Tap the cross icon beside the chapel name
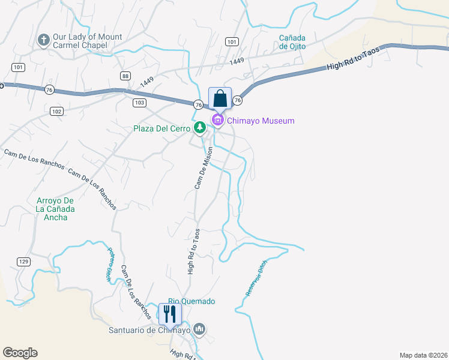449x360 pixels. point(43,40)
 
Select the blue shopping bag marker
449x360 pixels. point(220,99)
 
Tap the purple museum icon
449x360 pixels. point(217,121)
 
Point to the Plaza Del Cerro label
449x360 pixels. point(161,128)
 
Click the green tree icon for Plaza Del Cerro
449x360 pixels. point(199,127)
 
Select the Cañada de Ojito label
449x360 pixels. point(292,42)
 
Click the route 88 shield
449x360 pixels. point(125,75)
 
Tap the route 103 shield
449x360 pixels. point(139,103)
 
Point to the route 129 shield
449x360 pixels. point(23,262)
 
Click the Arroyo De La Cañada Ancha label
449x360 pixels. point(55,208)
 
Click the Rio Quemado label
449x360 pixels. point(191,301)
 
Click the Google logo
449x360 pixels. point(20,353)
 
